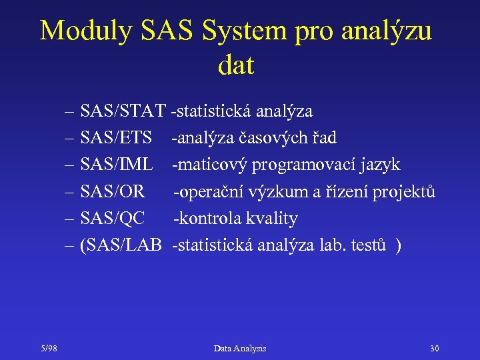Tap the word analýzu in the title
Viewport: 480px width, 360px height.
tap(387, 31)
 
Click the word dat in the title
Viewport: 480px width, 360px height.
tap(236, 65)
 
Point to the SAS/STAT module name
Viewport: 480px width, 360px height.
tap(123, 111)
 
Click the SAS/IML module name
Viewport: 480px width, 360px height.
tap(117, 165)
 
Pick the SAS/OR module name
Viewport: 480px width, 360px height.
tap(113, 192)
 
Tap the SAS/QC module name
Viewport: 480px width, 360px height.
tap(112, 219)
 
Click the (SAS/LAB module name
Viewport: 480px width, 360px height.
tap(120, 245)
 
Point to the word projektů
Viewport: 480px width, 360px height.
tap(404, 192)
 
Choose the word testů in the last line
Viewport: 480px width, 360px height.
tap(368, 245)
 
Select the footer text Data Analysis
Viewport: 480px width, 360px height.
tap(240, 349)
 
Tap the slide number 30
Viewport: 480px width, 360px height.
tap(435, 349)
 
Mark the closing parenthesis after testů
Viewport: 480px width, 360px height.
tap(399, 245)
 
